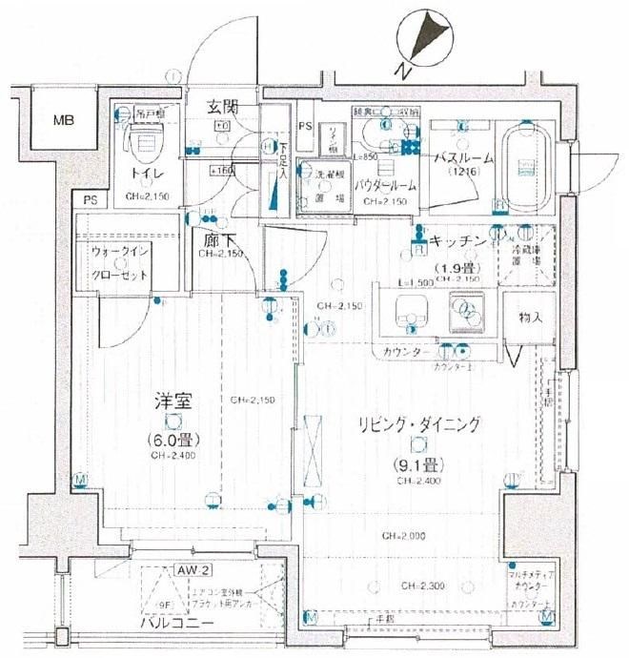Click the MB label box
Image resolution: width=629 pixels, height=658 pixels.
(x=63, y=120)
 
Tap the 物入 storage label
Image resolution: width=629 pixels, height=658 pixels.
(x=532, y=318)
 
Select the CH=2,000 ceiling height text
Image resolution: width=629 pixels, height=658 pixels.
(x=404, y=536)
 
